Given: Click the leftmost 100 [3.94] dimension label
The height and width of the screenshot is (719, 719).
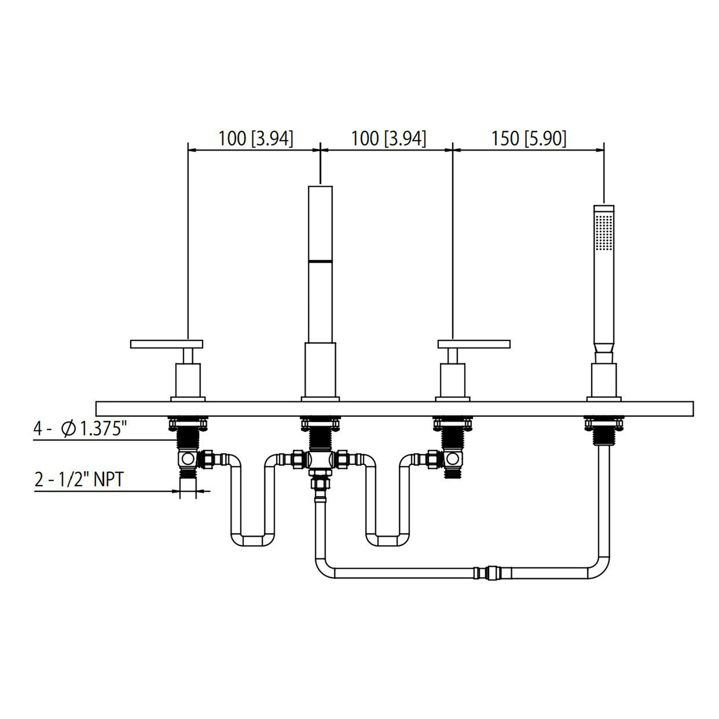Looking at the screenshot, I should click(x=255, y=139).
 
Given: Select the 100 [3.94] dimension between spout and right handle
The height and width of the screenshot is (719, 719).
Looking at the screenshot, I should click(x=388, y=139).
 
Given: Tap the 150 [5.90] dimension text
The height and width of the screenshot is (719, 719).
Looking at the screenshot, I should click(x=528, y=139).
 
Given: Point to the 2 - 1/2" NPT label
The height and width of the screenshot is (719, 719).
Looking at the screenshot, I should click(x=79, y=480).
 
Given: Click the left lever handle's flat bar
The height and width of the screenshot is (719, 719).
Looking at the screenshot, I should click(x=167, y=344).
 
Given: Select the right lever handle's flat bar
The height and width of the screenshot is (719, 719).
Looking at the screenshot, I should click(x=474, y=344).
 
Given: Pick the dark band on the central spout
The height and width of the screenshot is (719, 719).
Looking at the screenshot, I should click(x=320, y=260).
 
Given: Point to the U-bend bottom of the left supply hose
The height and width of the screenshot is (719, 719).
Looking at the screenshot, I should click(x=254, y=540).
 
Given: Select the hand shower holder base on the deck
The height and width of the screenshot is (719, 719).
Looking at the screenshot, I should click(x=604, y=381).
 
